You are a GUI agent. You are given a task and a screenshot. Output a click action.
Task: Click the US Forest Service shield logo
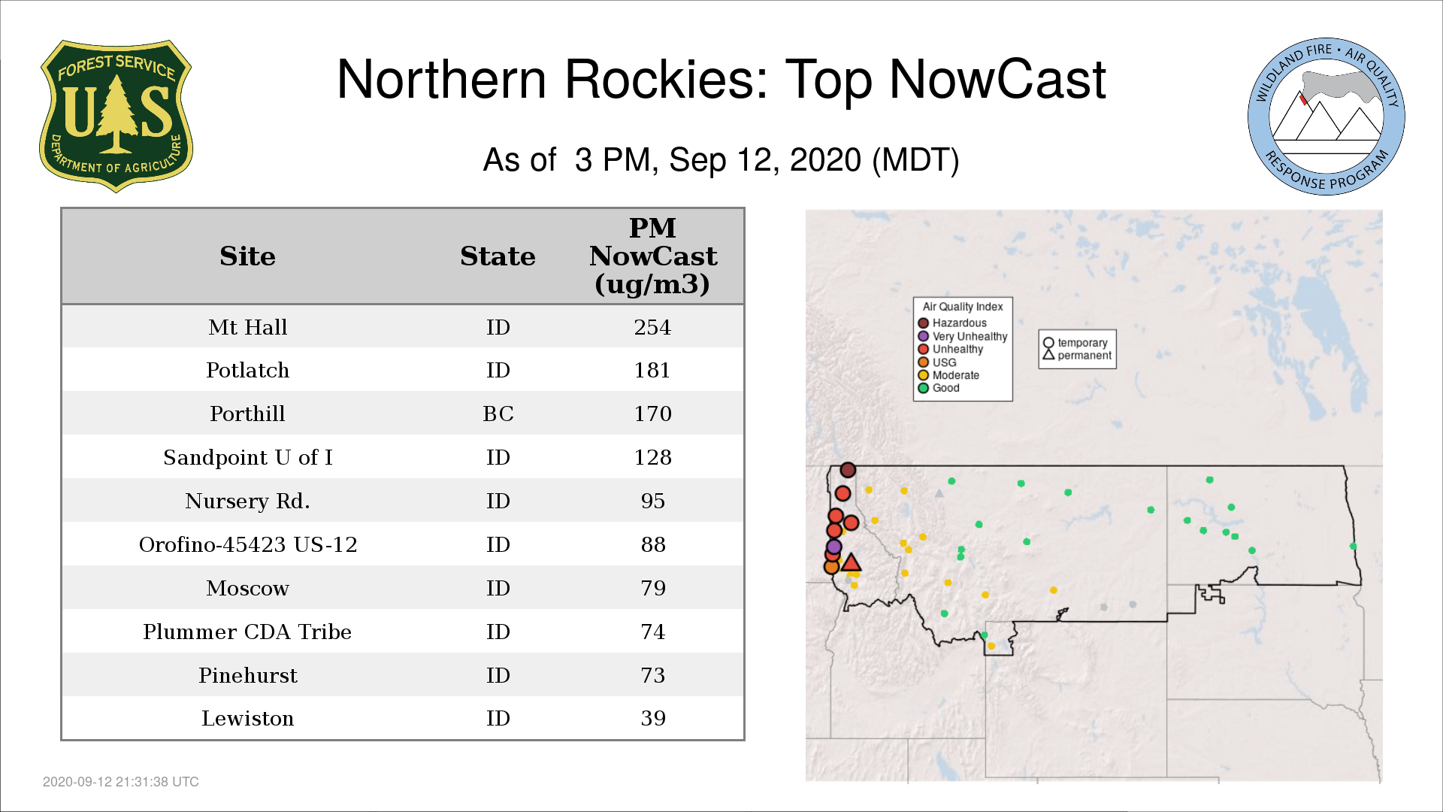point(116,116)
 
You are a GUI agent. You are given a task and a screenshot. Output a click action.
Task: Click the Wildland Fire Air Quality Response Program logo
point(1326,117)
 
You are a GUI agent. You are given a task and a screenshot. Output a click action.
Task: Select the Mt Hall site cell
point(248,327)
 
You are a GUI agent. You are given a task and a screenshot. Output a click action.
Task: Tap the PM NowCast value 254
point(652,327)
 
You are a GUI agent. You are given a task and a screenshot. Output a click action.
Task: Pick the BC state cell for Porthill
point(498,414)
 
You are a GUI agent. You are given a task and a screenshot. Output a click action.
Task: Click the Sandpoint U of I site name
point(248,457)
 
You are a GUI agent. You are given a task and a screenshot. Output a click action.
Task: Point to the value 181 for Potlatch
point(652,370)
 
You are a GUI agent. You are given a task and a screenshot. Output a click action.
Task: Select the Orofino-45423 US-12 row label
point(248,544)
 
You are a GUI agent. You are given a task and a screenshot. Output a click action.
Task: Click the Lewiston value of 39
point(653,718)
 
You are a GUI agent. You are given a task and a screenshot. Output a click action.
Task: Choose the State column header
point(498,256)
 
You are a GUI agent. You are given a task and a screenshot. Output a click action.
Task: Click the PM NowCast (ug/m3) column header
point(652,256)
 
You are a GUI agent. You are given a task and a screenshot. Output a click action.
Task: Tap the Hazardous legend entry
point(952,323)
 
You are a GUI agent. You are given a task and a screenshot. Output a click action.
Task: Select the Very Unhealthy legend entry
point(963,336)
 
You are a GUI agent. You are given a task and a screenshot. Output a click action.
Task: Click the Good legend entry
point(939,388)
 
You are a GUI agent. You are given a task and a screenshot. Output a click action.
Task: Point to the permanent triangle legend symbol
point(1048,355)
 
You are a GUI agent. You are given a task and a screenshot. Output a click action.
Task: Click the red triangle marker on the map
point(851,563)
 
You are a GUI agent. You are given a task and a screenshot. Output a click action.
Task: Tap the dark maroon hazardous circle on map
point(848,470)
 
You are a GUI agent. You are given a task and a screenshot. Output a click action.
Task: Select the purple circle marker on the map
point(833,547)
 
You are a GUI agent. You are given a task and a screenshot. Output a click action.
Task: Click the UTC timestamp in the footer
point(121,782)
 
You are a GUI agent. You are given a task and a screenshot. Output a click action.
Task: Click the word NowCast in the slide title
point(998,79)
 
